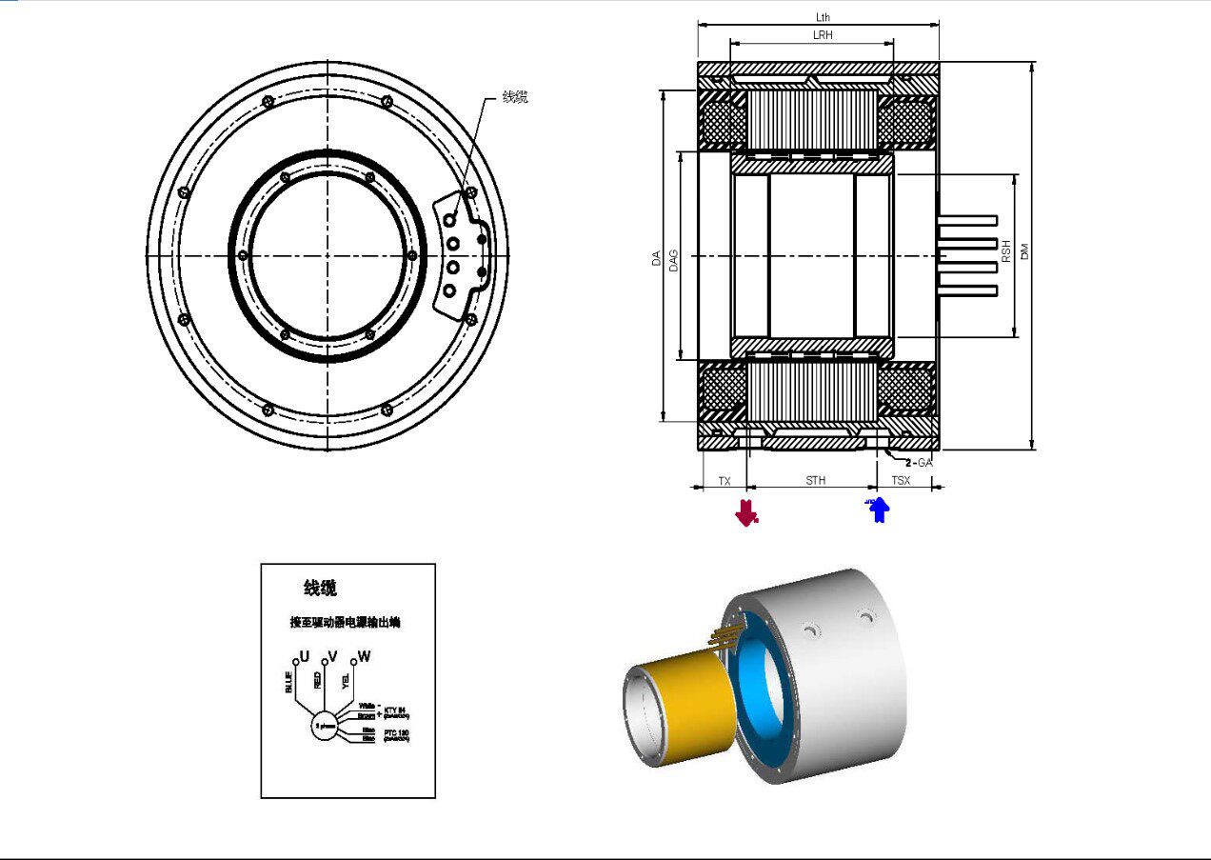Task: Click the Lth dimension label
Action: click(x=823, y=17)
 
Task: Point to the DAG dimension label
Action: click(x=673, y=257)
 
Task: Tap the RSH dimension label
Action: click(x=1005, y=251)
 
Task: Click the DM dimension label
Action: click(x=1024, y=251)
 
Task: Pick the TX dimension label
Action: click(x=724, y=481)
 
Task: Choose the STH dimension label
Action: click(x=816, y=481)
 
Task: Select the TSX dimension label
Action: click(x=901, y=481)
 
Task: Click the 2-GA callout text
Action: click(x=918, y=462)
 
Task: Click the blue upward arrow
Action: click(x=878, y=510)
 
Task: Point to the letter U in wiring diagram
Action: click(x=304, y=656)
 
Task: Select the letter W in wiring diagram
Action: click(x=364, y=657)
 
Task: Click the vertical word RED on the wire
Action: click(x=317, y=679)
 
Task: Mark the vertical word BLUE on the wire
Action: click(x=288, y=683)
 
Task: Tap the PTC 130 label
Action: click(x=395, y=734)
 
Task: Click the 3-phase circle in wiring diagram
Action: click(x=324, y=726)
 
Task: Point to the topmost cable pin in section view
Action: click(x=966, y=220)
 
